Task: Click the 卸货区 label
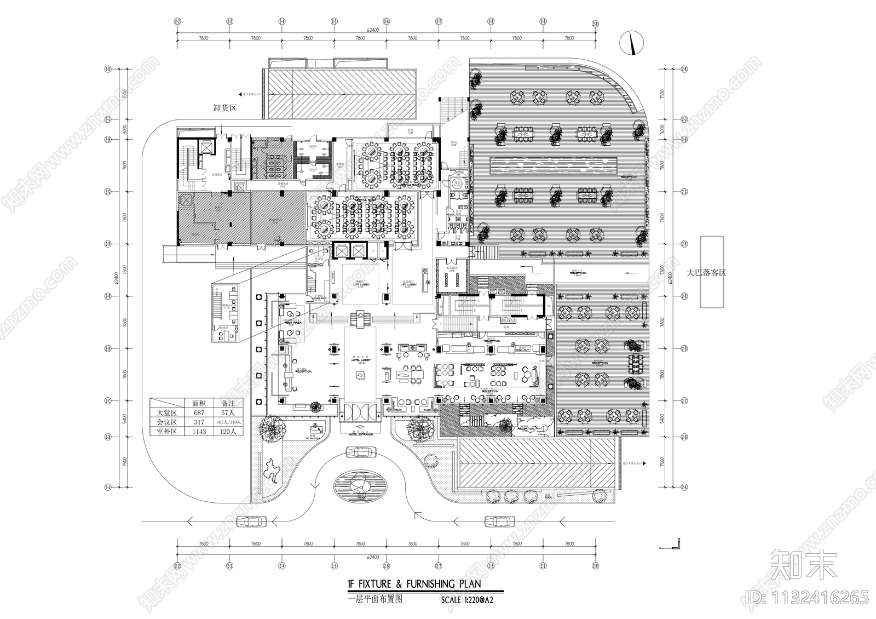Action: (224, 108)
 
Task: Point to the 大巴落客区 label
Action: (707, 272)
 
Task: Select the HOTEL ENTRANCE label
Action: (360, 434)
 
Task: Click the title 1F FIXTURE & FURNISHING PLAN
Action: (414, 586)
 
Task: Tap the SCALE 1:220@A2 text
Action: (470, 600)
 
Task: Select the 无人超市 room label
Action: (452, 268)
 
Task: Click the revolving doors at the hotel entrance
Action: (360, 411)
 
